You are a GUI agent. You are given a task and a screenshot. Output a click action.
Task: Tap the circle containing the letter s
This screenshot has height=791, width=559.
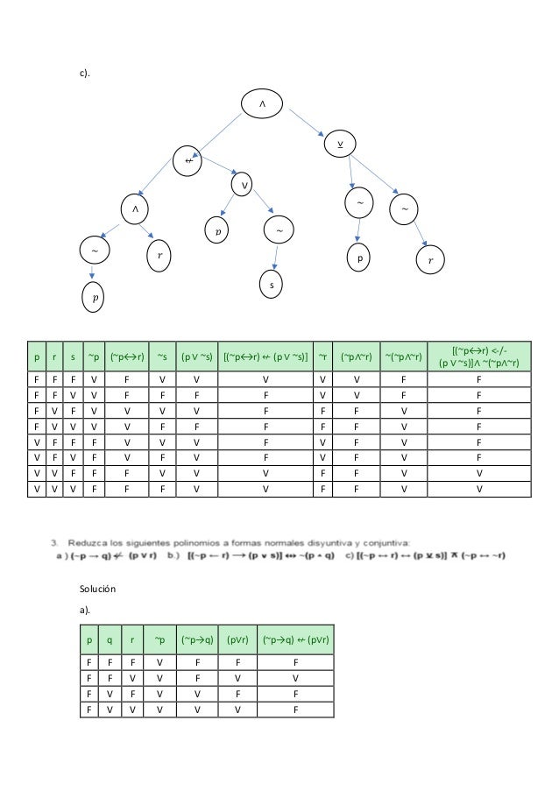pos(272,286)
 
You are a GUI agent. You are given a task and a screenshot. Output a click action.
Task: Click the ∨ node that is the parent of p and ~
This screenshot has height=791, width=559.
pos(244,185)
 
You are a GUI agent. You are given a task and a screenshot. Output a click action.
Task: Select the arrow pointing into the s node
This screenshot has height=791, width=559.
pos(277,258)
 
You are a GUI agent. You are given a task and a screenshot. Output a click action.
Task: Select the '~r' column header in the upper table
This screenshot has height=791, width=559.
pos(324,357)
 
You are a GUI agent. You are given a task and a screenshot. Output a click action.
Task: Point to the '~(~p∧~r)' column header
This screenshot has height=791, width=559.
pos(403,357)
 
